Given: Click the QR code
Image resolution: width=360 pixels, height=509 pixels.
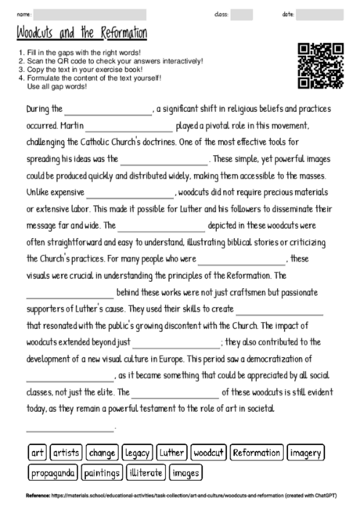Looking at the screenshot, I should coord(321,66).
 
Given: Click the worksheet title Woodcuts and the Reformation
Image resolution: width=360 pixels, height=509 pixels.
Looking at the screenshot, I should coord(81,35).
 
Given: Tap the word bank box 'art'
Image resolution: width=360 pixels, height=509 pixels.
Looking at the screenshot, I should coord(38,453).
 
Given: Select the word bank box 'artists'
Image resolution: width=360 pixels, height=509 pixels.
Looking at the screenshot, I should coord(67,453).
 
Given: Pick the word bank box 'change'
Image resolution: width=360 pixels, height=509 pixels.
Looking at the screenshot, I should coord(103,453).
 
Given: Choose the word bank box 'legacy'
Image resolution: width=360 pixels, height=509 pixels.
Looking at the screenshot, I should coord(138,453).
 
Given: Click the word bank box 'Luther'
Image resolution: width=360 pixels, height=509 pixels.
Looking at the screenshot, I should coord(171,453).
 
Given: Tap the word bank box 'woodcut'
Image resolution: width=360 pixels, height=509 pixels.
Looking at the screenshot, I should coord(209,453).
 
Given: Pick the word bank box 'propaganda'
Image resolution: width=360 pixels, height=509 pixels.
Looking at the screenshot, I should coord(54,473).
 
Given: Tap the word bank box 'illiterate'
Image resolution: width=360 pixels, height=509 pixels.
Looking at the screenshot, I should coord(146,473).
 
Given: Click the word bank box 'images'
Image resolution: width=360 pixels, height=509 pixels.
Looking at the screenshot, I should coord(185,473).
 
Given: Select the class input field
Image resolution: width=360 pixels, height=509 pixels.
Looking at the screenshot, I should coord(241,14).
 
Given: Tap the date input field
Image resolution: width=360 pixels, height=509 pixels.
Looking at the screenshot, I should coord(321,14).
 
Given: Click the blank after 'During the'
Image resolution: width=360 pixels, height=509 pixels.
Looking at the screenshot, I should coord(110,111).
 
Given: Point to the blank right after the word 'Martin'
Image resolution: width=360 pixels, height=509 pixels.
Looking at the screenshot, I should coord(129,127).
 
